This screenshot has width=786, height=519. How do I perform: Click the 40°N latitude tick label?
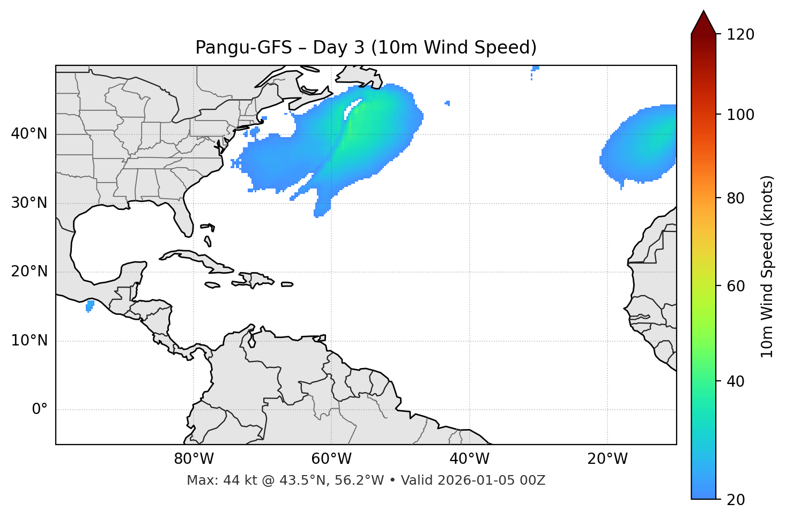tap(29, 134)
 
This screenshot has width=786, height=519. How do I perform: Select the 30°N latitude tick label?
tap(29, 203)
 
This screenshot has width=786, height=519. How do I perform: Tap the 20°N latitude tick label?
tap(29, 272)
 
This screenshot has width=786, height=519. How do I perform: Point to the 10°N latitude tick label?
tap(29, 341)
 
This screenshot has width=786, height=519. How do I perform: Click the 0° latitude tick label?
tap(40, 410)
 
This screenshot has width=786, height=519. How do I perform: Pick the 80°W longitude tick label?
tap(194, 459)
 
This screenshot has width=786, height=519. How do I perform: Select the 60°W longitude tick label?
tap(331, 459)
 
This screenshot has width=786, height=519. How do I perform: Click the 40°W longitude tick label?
tap(469, 459)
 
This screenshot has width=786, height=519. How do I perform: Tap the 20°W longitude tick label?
tap(607, 459)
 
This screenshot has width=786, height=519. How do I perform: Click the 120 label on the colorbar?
tap(740, 35)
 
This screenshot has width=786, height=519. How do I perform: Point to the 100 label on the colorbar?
tap(740, 115)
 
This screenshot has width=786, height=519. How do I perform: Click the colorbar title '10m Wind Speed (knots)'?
tap(767, 266)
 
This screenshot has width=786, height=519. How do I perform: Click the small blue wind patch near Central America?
tap(90, 306)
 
